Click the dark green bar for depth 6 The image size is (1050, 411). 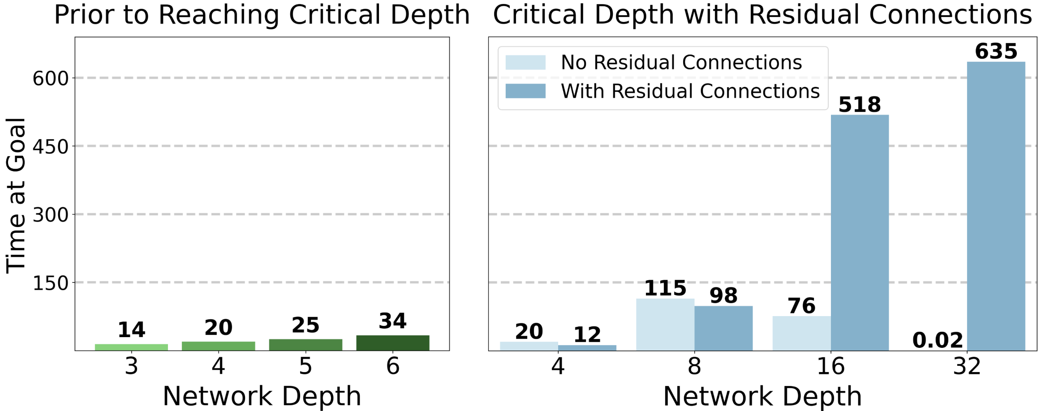click(x=392, y=343)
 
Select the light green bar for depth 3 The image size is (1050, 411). click(x=131, y=347)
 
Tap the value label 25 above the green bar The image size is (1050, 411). click(x=306, y=325)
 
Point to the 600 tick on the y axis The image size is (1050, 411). click(x=50, y=79)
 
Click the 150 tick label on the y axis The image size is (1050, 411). click(x=50, y=283)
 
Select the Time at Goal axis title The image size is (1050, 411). click(x=16, y=195)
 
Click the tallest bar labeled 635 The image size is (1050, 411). click(x=996, y=206)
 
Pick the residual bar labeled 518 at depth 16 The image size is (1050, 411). click(x=860, y=233)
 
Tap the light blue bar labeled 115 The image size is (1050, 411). click(x=665, y=325)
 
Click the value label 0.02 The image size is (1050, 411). click(x=938, y=341)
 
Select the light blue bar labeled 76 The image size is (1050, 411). click(x=801, y=333)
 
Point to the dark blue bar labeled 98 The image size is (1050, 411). click(x=723, y=328)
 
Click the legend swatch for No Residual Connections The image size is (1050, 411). click(x=525, y=63)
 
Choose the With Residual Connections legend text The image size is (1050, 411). click(x=690, y=91)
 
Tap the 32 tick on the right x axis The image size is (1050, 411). click(x=967, y=367)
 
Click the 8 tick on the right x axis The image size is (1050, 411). click(x=694, y=367)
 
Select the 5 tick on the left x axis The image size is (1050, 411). click(x=306, y=367)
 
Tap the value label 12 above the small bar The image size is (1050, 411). click(x=587, y=335)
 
